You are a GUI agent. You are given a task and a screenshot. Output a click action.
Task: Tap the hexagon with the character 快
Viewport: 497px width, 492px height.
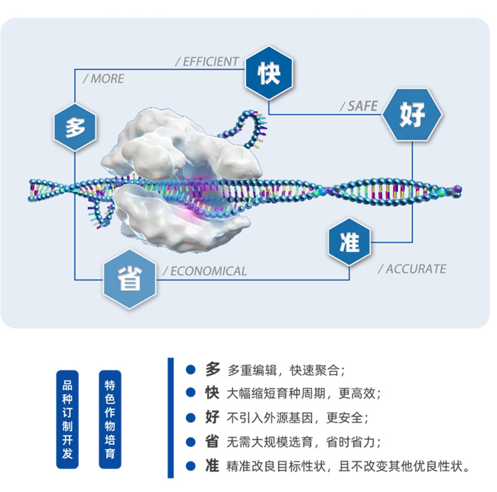pos(268,73)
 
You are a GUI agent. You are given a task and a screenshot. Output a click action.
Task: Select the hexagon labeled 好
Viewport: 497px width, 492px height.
pos(413,114)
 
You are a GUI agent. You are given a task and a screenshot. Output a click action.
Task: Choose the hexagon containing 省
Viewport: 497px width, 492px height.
pos(130,279)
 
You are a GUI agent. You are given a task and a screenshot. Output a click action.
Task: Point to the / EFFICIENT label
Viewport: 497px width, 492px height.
pos(207,61)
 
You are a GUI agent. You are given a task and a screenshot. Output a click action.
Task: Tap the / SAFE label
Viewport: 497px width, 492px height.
pos(359,106)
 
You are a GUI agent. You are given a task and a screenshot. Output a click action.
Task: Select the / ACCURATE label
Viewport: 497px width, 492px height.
pos(411,269)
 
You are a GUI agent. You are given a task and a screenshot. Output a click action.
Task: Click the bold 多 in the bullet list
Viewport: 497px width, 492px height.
pos(213,370)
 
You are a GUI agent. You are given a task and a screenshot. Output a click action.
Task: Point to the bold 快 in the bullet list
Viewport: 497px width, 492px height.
pos(213,393)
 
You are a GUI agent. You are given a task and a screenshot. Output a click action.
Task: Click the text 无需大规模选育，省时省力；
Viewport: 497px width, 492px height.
pos(304,441)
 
